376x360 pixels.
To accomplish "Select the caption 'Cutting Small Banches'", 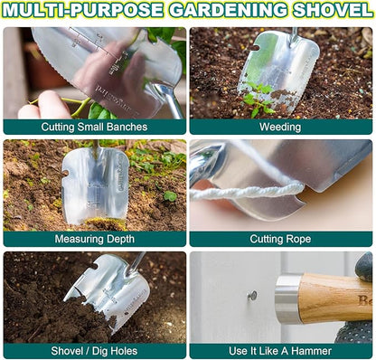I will click(94, 127).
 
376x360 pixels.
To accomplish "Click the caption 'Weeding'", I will click(280, 127).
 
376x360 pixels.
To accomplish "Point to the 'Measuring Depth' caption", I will click(94, 239).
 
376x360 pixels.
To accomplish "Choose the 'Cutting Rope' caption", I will click(280, 239).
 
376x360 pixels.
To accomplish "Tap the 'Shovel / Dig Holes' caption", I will click(94, 351).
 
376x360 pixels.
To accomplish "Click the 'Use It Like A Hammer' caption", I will click(280, 351).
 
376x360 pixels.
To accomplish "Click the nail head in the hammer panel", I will click(252, 295).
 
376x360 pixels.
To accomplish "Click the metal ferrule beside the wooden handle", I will click(287, 298).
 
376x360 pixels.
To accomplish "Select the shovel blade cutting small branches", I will click(99, 63).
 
